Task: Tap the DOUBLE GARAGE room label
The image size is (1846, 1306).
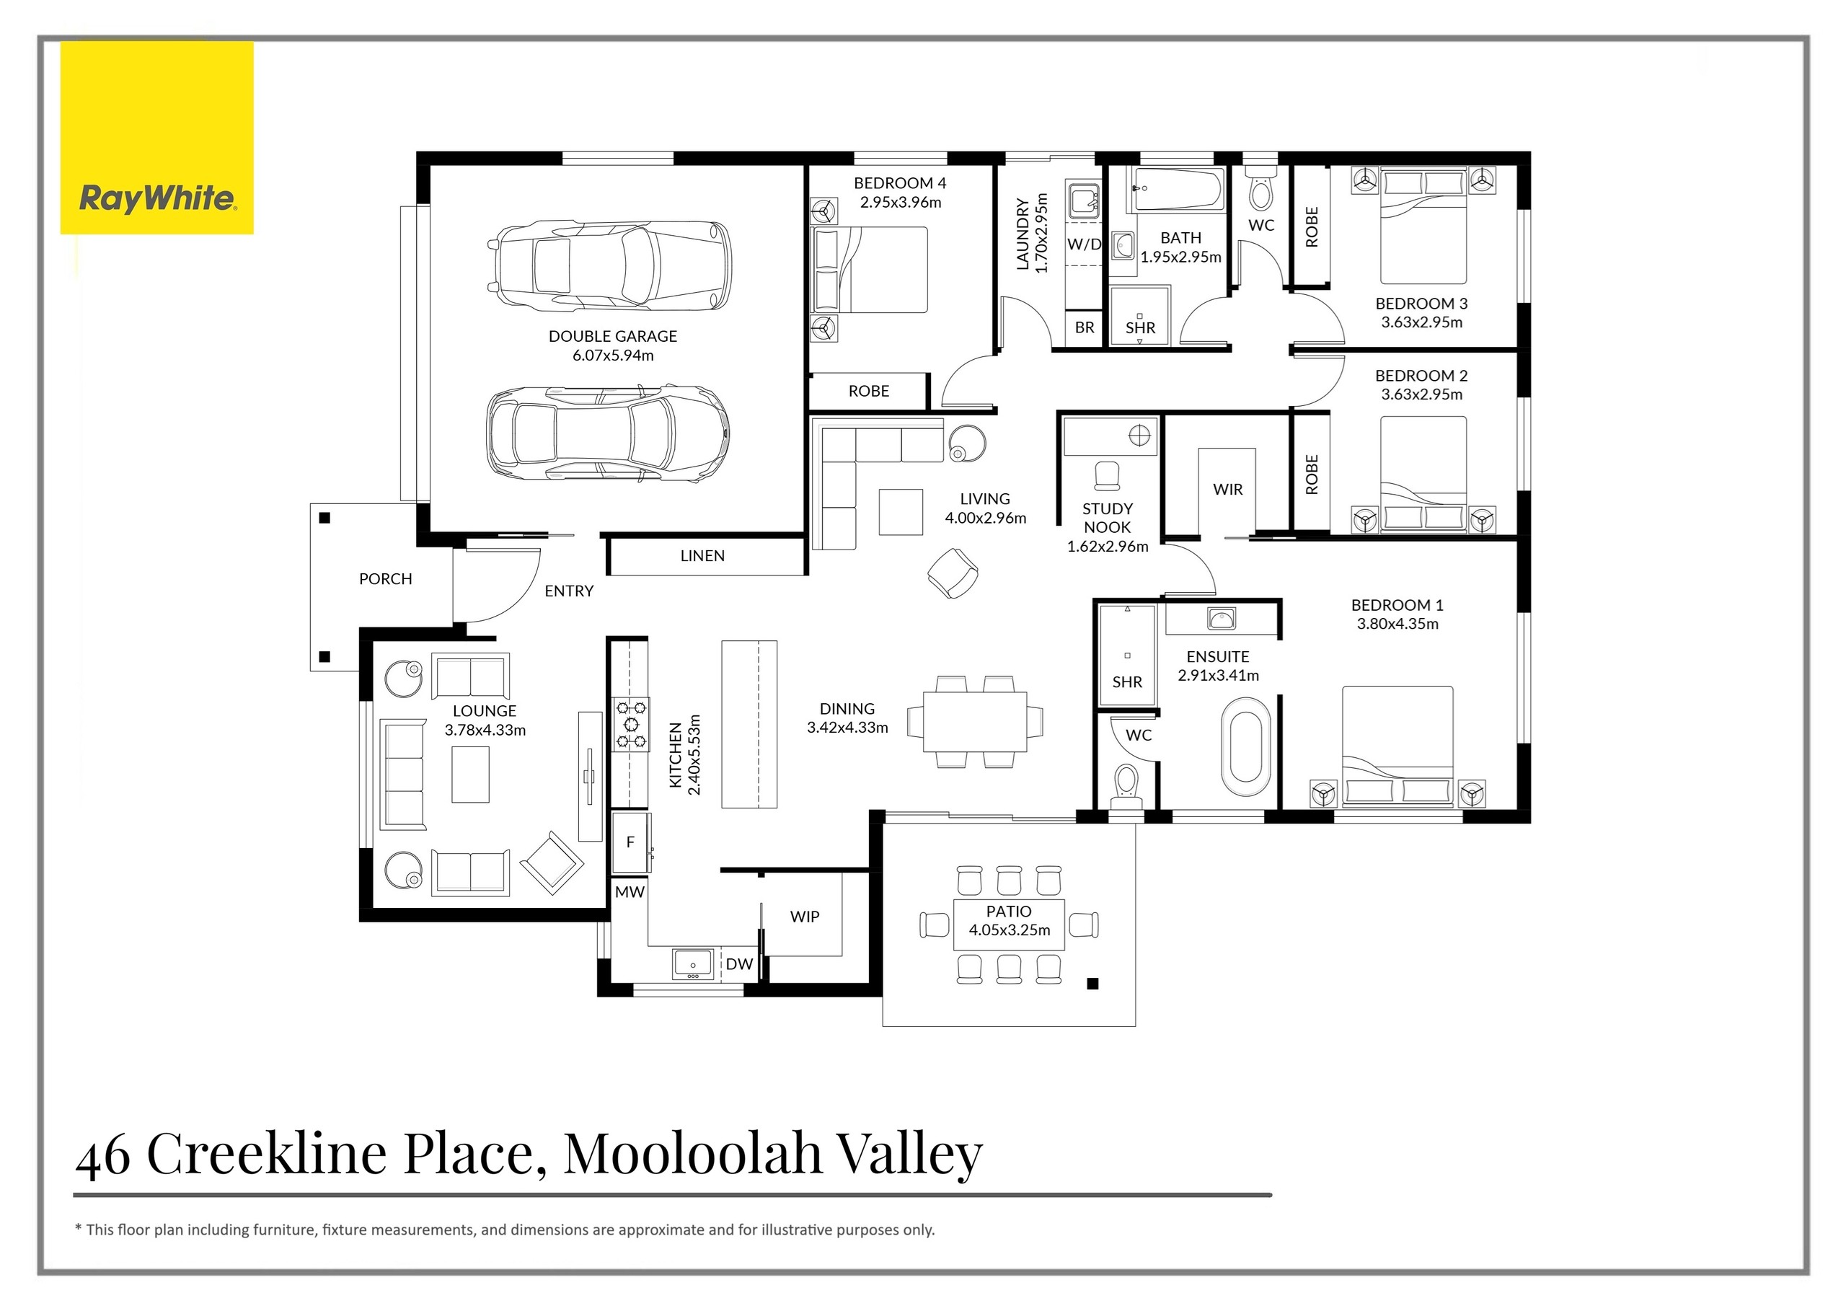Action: (613, 336)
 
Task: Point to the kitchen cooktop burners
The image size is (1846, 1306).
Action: (631, 725)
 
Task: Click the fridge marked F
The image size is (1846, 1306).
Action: (630, 842)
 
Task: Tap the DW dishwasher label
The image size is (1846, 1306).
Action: (739, 964)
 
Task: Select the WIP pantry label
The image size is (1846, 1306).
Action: (804, 917)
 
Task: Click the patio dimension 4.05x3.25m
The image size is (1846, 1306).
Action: (1009, 930)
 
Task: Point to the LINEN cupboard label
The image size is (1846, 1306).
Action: (702, 556)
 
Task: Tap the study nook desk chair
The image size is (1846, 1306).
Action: (1107, 475)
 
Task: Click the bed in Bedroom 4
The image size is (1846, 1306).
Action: (873, 270)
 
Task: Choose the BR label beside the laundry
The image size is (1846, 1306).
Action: (1084, 327)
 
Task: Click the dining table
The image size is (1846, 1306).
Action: (974, 721)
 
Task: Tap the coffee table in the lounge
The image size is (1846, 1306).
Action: (470, 775)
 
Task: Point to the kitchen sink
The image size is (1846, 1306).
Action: (692, 963)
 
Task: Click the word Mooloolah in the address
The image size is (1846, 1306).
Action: (692, 1153)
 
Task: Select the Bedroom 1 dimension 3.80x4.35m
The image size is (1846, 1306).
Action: (1397, 624)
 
